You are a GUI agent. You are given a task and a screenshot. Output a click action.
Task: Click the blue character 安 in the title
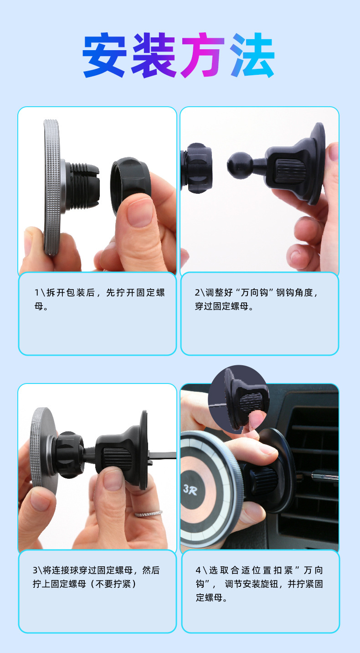[x=105, y=55]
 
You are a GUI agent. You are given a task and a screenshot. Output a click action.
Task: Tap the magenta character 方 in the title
[x=202, y=55]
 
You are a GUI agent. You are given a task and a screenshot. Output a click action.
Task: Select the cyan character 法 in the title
[x=252, y=55]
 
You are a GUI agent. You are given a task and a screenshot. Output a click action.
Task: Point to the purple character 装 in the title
[x=154, y=55]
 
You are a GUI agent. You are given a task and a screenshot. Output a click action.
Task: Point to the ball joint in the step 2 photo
[x=241, y=165]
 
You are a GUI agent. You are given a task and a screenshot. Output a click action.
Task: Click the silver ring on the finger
[x=149, y=514]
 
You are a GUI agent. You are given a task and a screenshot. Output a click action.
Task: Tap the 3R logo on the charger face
[x=190, y=489]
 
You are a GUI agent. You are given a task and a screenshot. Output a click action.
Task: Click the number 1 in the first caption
[x=37, y=292]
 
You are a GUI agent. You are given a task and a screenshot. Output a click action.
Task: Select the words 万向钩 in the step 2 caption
[x=254, y=292]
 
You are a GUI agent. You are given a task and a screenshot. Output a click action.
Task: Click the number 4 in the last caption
[x=198, y=570]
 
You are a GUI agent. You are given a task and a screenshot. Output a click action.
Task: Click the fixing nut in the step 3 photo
[x=69, y=455]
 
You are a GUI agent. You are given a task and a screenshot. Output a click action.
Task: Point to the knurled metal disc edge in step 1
[x=52, y=187]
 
